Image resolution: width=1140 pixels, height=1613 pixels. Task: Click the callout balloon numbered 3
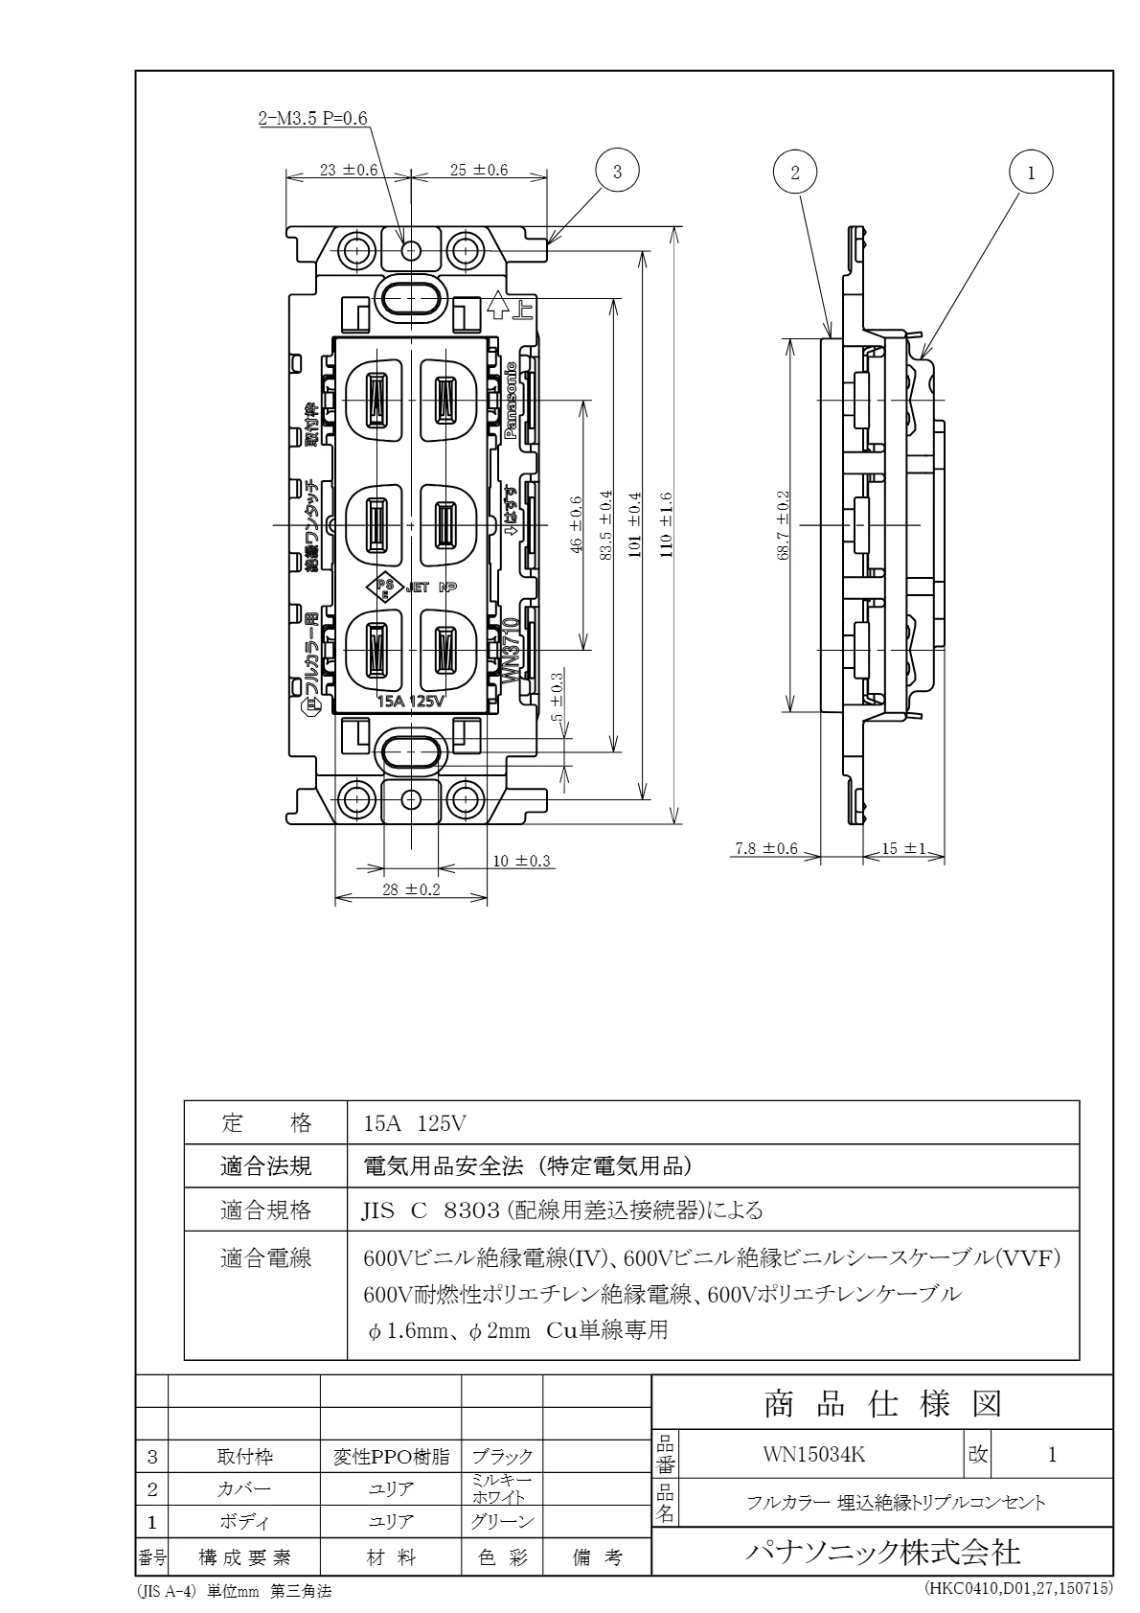(617, 171)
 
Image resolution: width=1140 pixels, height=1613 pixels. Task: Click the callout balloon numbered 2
(794, 172)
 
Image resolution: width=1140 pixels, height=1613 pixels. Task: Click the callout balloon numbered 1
(1031, 173)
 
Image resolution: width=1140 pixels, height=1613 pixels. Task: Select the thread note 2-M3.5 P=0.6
(312, 119)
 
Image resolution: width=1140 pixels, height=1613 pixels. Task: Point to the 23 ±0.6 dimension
(349, 170)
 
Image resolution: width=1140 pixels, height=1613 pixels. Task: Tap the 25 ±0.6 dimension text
(479, 170)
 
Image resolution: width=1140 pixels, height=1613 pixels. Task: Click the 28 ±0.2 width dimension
(410, 889)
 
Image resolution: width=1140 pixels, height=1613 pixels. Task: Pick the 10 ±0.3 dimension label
(522, 861)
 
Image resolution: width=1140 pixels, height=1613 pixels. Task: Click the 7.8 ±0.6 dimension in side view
(766, 848)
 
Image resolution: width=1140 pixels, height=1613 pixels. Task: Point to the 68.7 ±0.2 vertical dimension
(783, 524)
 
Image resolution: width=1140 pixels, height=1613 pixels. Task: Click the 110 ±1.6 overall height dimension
(666, 524)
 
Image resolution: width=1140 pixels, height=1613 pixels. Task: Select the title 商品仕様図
(881, 1404)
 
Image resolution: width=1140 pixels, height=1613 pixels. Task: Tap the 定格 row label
(266, 1122)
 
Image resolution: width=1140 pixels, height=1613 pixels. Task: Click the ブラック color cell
(502, 1458)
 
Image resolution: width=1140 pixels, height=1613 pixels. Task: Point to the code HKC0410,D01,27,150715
(1018, 1589)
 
